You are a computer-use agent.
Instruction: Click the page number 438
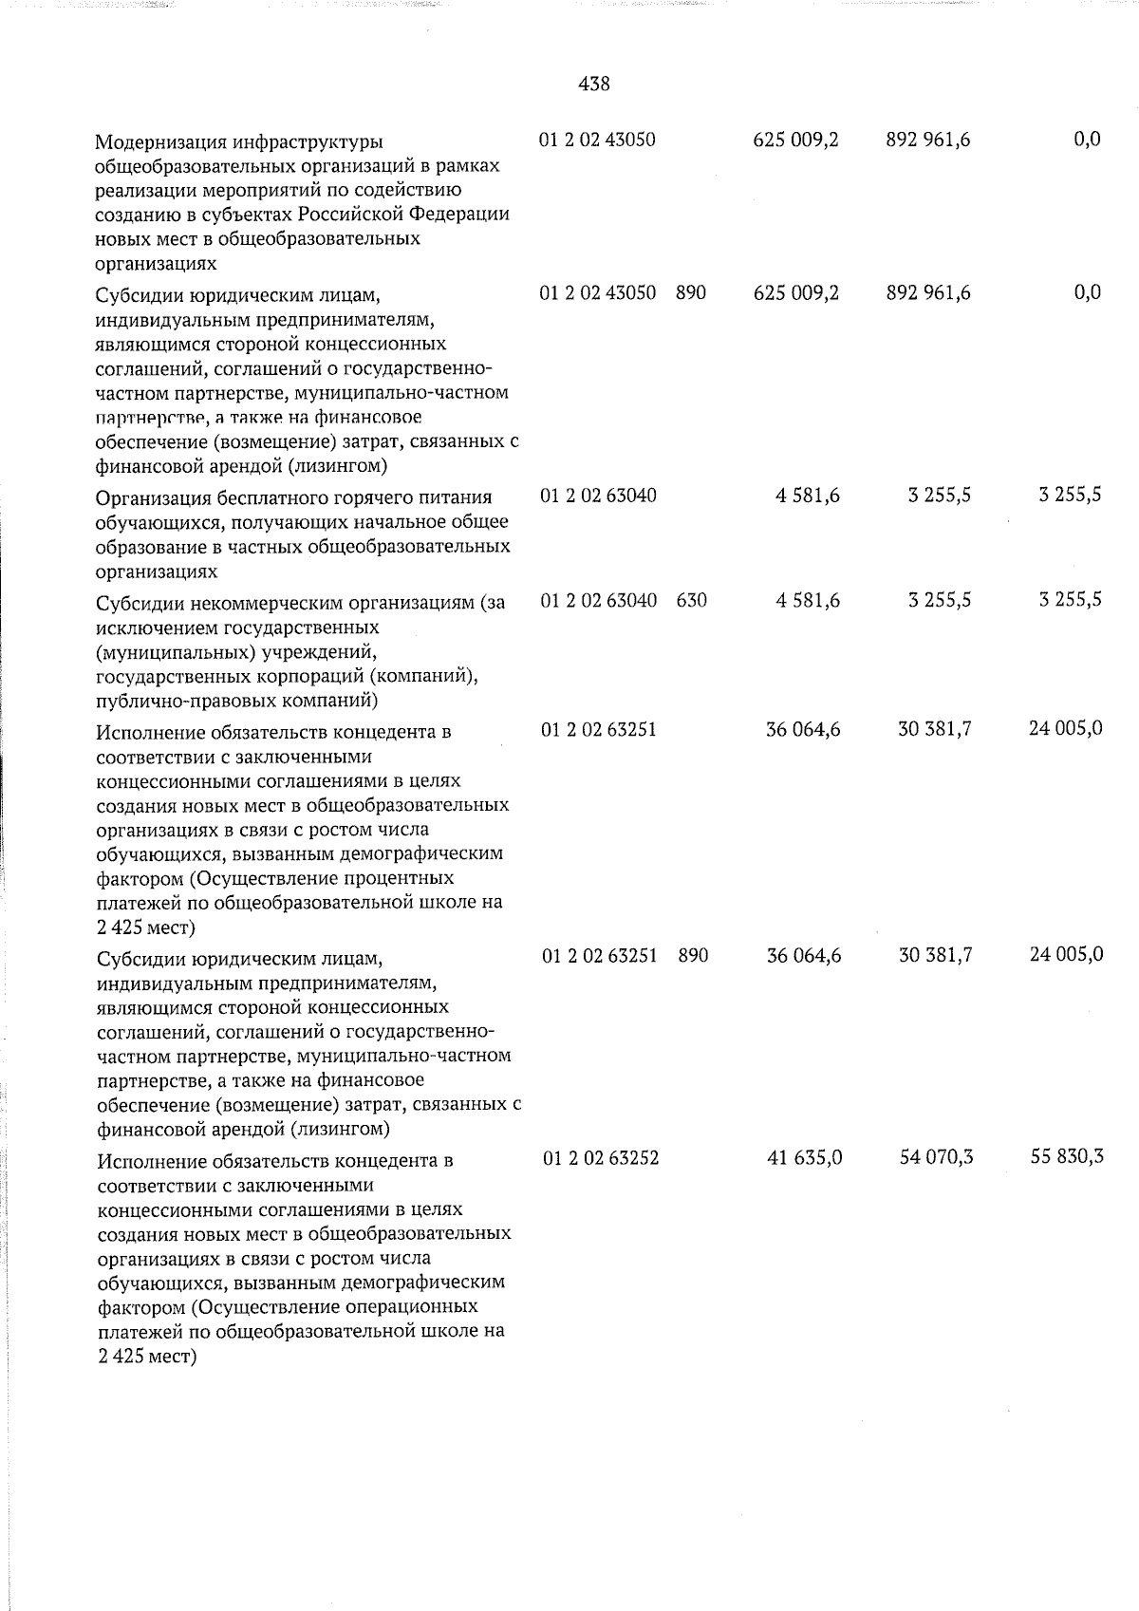click(593, 84)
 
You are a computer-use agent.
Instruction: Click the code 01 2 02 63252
click(600, 1158)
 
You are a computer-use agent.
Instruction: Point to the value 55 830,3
click(1066, 1158)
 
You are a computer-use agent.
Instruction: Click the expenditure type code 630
click(692, 600)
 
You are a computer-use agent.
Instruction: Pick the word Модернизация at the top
click(158, 142)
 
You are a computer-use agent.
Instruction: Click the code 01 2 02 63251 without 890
click(599, 730)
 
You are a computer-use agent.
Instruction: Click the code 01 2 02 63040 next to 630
click(598, 600)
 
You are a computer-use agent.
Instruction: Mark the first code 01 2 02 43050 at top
click(597, 140)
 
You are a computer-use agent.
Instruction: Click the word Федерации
click(468, 215)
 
